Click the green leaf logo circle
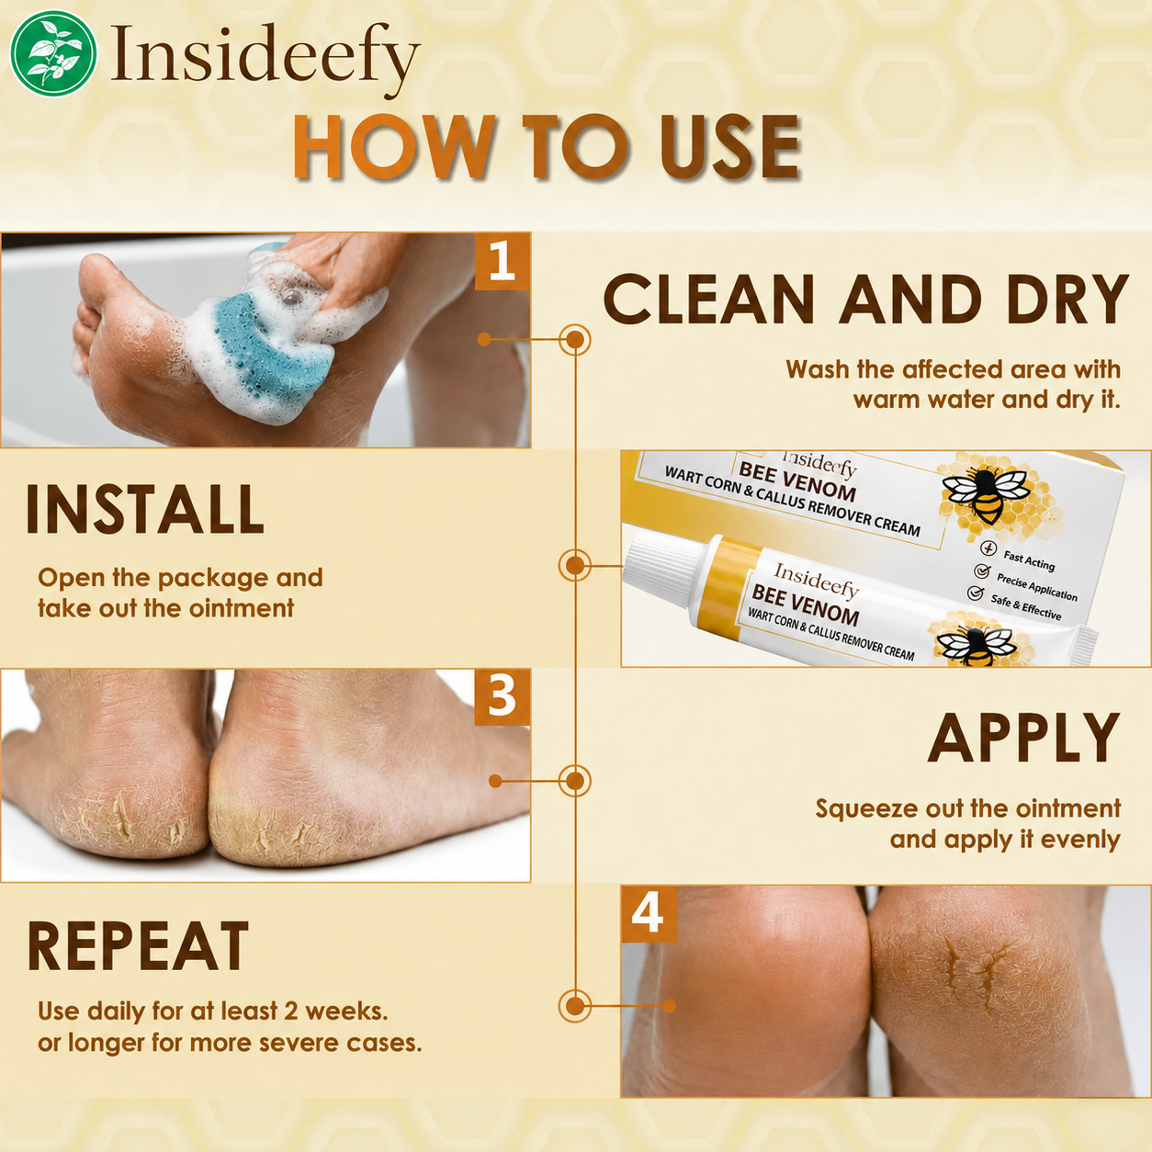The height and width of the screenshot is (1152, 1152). tap(54, 54)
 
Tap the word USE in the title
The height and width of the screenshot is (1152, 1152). tap(730, 148)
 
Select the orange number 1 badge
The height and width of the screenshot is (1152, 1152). tap(503, 261)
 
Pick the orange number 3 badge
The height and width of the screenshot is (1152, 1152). tap(503, 696)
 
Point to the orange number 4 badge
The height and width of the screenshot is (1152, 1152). tap(649, 914)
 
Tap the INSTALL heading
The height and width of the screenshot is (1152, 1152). tap(144, 509)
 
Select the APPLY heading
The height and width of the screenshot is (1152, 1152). tap(1024, 738)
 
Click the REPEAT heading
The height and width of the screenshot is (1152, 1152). tap(138, 945)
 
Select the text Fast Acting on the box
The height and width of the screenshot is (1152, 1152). tap(1029, 560)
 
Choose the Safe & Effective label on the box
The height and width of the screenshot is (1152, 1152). tap(1026, 607)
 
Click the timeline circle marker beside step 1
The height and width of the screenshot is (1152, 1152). tap(574, 340)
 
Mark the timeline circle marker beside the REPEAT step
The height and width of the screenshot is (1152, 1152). tap(574, 1006)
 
